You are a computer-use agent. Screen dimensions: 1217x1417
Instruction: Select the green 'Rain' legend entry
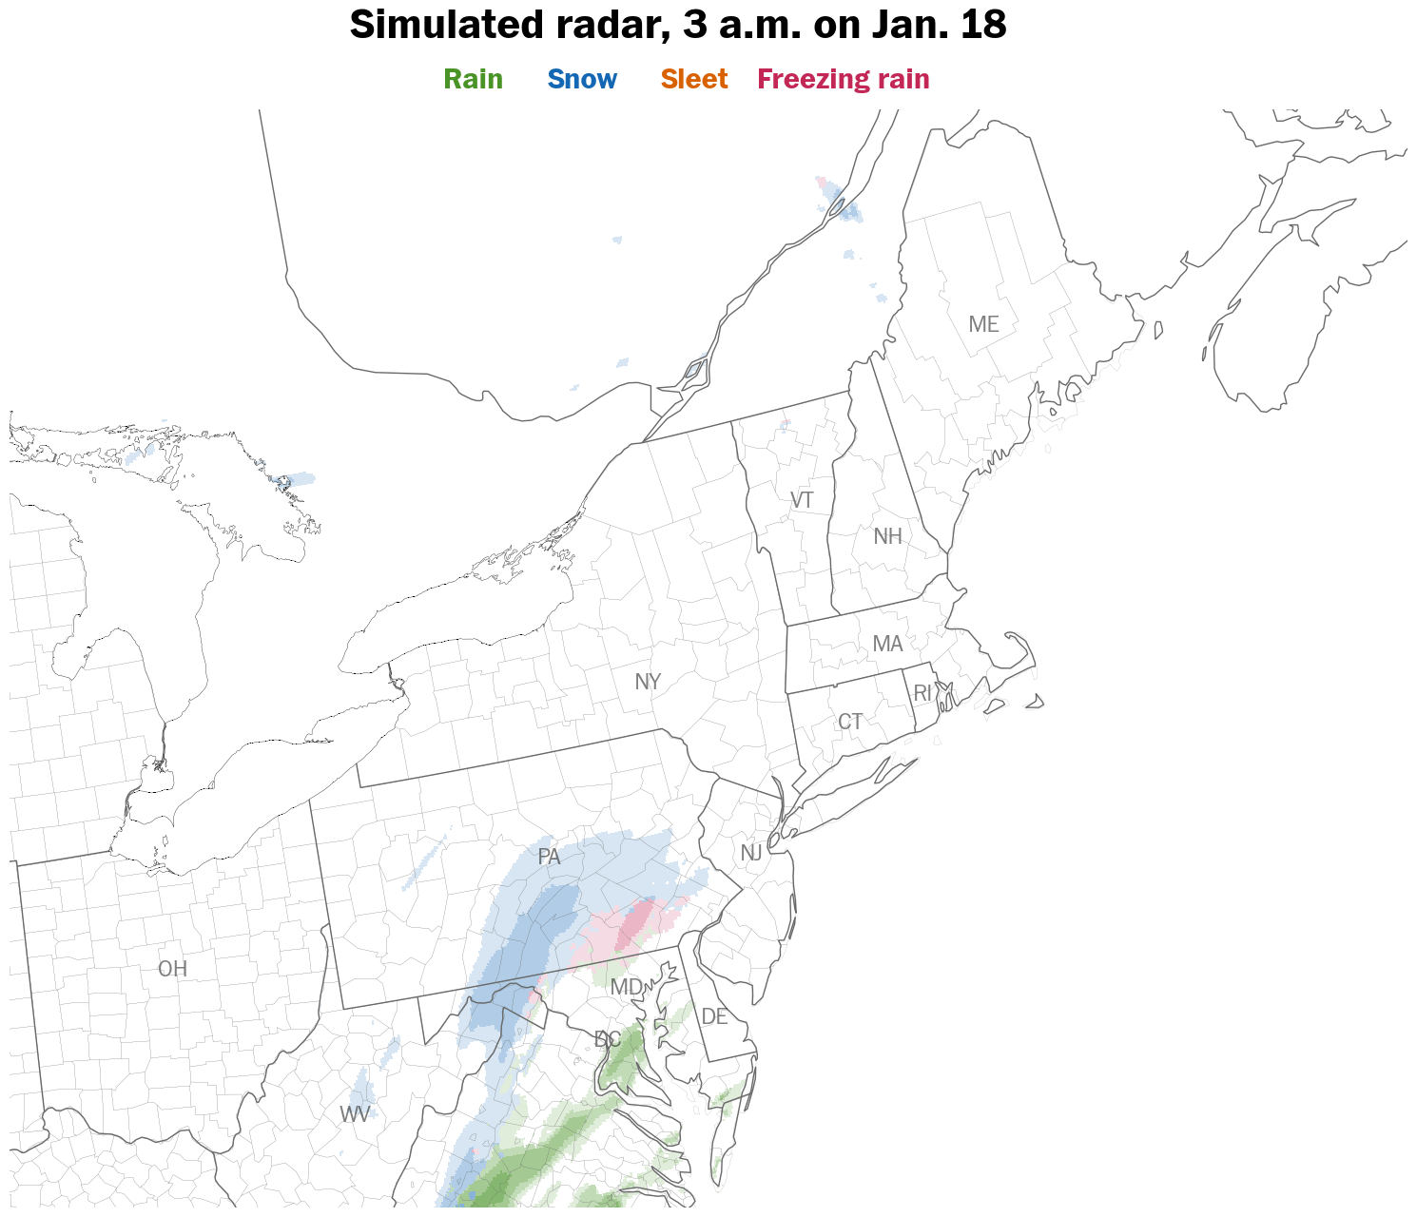click(x=473, y=79)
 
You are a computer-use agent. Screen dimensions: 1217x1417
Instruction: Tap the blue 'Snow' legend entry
click(x=582, y=79)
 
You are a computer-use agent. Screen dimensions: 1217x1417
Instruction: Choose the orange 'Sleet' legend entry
click(x=694, y=79)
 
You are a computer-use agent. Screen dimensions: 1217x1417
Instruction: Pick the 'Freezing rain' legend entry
click(x=844, y=79)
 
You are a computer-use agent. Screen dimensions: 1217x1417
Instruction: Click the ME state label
click(x=983, y=324)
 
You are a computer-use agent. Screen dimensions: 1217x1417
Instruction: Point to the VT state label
click(x=802, y=500)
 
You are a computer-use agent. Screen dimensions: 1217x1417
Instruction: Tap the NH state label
click(x=887, y=536)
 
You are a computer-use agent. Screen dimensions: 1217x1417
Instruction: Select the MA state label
click(x=887, y=644)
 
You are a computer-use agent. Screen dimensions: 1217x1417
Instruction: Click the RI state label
click(x=922, y=693)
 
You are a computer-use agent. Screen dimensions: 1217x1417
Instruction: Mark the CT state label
click(x=850, y=723)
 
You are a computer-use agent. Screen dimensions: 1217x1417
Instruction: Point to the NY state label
click(x=648, y=682)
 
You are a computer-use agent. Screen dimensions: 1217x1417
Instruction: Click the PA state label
click(x=549, y=857)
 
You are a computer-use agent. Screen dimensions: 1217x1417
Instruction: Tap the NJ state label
click(x=751, y=853)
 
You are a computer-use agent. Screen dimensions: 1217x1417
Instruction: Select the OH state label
click(x=172, y=969)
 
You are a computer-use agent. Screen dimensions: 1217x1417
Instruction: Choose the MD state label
click(x=627, y=987)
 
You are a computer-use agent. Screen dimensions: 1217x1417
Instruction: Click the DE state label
click(x=714, y=1016)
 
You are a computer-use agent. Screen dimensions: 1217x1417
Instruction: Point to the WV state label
click(x=355, y=1114)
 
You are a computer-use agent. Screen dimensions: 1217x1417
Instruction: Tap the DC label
click(x=607, y=1039)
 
